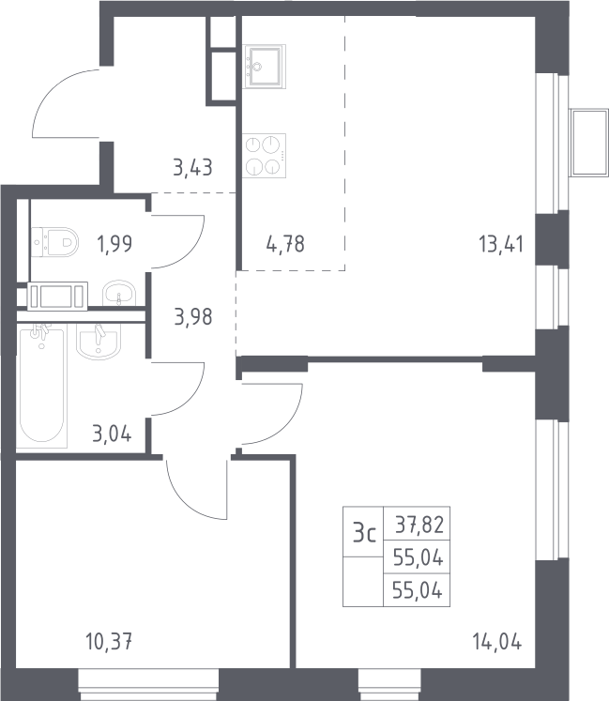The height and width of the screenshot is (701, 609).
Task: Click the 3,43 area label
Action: coord(192,168)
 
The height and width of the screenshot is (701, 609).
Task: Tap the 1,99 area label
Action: coord(114,245)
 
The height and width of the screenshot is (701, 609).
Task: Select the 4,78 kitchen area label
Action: coord(285,245)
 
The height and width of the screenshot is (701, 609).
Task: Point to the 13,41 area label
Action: coord(501,245)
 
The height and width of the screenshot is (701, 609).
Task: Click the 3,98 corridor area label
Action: coord(192,317)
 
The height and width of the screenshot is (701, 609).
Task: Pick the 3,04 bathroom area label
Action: coord(112,434)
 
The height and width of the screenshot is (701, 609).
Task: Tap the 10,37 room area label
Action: coord(109,643)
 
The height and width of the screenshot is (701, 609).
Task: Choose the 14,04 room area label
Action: coord(496,643)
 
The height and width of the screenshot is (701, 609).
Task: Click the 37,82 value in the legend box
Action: coord(419,525)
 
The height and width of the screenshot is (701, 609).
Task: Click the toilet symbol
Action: coord(55,242)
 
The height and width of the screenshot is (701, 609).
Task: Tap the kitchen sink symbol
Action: coord(265,67)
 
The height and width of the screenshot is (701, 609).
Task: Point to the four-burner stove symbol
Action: coord(265,156)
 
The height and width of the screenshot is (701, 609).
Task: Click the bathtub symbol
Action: coord(41,386)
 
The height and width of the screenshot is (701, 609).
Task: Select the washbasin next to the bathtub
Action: coord(99,342)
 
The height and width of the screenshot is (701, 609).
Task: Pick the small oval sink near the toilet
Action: coord(119,294)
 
